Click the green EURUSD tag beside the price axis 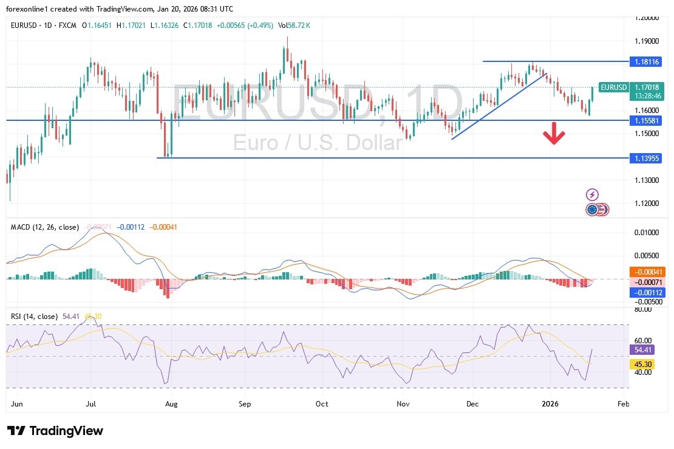pos(613,87)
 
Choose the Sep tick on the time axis pos(245,403)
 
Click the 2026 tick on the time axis pos(550,403)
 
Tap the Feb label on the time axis pos(623,403)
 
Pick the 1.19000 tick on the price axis pos(646,41)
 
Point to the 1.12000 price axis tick pos(646,203)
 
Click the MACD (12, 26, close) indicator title pos(45,227)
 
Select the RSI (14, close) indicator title pos(34,317)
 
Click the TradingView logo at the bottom pos(55,431)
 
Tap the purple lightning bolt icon pos(592,194)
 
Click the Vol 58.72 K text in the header pos(299,26)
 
